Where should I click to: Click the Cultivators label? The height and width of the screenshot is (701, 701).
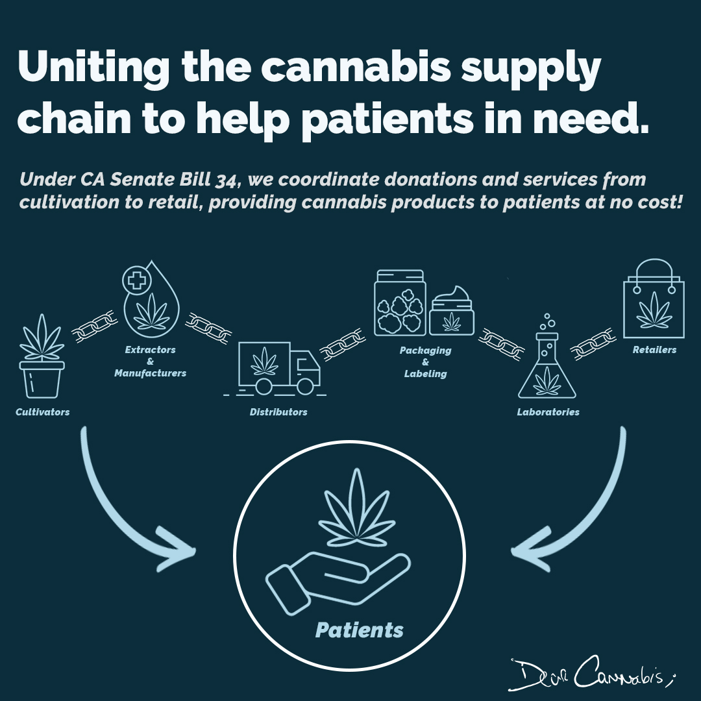point(42,412)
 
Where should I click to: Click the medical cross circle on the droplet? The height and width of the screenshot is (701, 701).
point(136,282)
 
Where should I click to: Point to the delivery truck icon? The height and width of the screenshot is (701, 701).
point(280,368)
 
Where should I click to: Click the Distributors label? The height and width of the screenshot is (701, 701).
point(278,412)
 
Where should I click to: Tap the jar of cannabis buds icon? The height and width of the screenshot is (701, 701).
point(400,302)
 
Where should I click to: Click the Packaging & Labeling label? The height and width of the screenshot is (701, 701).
point(426,362)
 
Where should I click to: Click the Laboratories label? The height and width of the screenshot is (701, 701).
point(548,412)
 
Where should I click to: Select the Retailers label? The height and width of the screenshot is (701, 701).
point(654,350)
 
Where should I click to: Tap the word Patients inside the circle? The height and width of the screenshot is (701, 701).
point(359,630)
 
